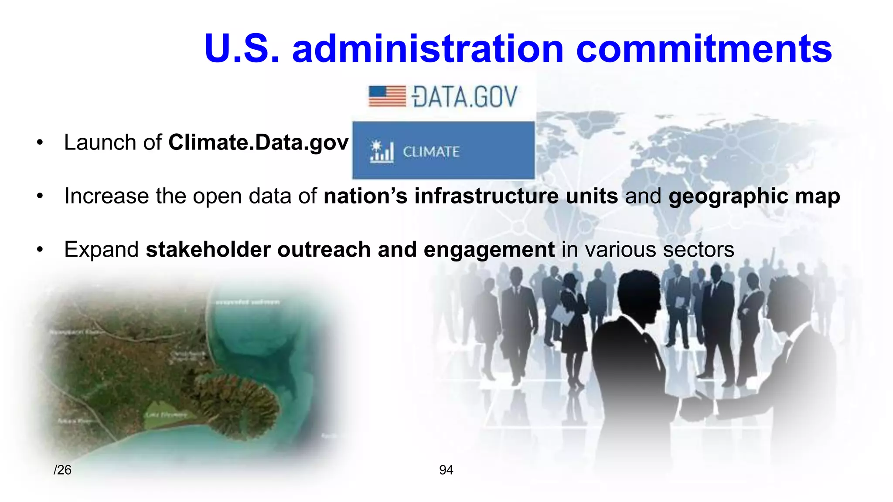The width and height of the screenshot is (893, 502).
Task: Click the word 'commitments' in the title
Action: pos(704,49)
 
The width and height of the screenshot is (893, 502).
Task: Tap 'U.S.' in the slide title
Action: pos(241,49)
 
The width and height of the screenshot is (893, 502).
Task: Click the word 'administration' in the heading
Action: pos(428,49)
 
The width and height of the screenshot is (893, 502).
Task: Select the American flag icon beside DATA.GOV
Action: pos(387,96)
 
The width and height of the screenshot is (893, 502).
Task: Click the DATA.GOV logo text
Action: pos(465,97)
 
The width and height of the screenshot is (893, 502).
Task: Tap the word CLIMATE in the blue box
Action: pos(431,152)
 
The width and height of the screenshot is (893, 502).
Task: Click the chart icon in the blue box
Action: pos(382,152)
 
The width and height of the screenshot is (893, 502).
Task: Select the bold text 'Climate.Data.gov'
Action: pos(258,142)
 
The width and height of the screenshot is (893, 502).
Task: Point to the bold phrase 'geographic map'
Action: pos(754,196)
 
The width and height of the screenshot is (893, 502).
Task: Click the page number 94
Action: pos(446,470)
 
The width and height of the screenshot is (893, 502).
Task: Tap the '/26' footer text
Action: pos(62,470)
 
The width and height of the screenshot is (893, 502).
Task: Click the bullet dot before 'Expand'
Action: pos(40,250)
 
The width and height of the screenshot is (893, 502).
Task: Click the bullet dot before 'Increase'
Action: pos(40,196)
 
